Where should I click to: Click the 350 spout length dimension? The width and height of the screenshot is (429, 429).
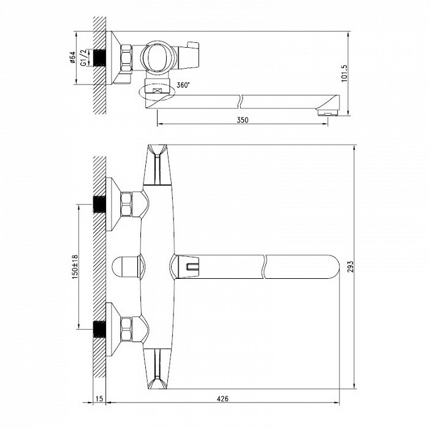243,120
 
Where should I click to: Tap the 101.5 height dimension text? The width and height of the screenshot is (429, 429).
344,73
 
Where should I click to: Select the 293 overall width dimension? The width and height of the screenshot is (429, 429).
350,267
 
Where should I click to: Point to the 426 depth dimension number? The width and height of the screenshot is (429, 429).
222,398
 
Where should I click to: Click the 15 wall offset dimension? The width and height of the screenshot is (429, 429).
99,398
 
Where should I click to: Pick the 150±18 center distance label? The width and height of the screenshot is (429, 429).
75,267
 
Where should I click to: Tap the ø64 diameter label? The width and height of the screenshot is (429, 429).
72,58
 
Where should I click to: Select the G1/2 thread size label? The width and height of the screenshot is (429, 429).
83,58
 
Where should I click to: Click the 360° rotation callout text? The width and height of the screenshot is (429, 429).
183,85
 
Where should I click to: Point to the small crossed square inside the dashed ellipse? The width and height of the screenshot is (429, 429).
157,91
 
